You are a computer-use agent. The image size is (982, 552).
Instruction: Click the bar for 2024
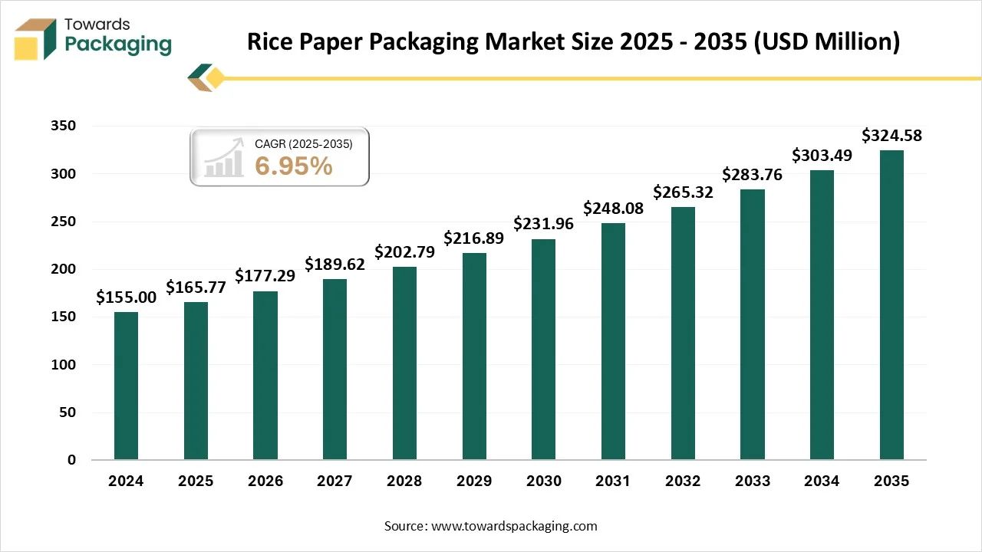pyautogui.click(x=126, y=386)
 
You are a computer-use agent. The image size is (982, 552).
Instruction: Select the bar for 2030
pyautogui.click(x=543, y=350)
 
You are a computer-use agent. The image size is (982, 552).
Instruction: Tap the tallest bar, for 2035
pyautogui.click(x=891, y=305)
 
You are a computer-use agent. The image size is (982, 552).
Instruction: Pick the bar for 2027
pyautogui.click(x=334, y=370)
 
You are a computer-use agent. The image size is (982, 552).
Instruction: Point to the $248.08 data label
pyautogui.click(x=613, y=208)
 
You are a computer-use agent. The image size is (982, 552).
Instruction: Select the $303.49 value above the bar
pyautogui.click(x=822, y=155)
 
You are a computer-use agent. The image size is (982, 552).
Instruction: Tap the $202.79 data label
pyautogui.click(x=404, y=251)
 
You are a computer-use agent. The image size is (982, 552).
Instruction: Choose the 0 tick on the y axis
pyautogui.click(x=71, y=460)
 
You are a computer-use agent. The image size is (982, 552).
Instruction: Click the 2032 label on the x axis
pyautogui.click(x=683, y=481)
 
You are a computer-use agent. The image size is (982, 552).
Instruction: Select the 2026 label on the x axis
pyautogui.click(x=265, y=481)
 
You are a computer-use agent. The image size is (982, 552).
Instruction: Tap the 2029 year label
pyautogui.click(x=474, y=481)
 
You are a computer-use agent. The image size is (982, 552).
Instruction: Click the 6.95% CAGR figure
pyautogui.click(x=294, y=166)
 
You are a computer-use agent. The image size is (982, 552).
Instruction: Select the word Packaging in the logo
pyautogui.click(x=118, y=44)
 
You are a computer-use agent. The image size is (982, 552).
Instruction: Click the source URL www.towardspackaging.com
pyautogui.click(x=514, y=526)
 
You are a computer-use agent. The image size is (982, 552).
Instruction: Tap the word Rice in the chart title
pyautogui.click(x=271, y=42)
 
